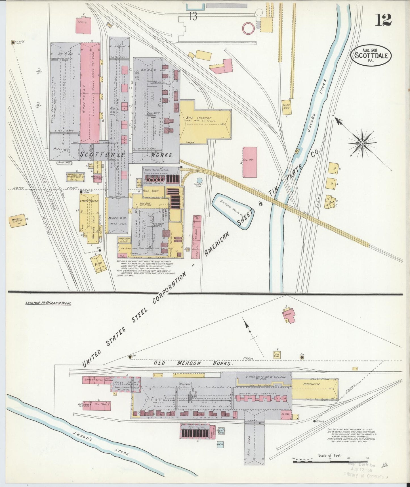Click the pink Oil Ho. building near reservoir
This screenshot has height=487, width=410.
[x=249, y=162]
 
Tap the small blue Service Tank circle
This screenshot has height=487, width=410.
[x=199, y=180]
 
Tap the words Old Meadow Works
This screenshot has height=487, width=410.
[x=193, y=363]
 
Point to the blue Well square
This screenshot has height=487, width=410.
[x=220, y=444]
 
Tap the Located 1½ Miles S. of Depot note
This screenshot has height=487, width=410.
[x=48, y=303]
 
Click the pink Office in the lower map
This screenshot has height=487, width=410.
[x=289, y=316]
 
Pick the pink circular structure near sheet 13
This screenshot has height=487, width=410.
[x=249, y=28]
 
